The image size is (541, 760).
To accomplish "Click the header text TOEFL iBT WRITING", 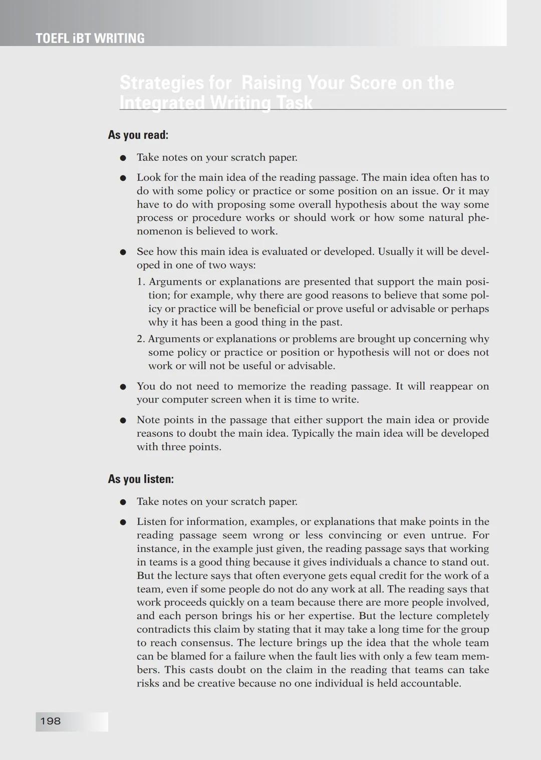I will point(90,39).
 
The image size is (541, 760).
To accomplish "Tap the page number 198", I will point(51,721).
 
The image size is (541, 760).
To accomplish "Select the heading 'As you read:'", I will point(138,135).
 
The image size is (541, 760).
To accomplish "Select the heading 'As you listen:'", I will point(141,479).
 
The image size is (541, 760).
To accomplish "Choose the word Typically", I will point(313,433).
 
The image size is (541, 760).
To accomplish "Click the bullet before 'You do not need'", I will point(122,387).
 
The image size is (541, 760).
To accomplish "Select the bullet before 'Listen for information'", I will point(122,522).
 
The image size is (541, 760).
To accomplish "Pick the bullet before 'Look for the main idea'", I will point(122,178).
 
